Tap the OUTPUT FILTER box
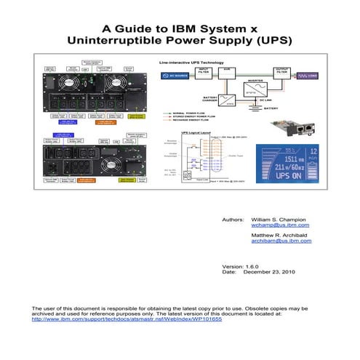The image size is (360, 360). (281, 71)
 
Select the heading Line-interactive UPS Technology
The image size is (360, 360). (191, 63)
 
